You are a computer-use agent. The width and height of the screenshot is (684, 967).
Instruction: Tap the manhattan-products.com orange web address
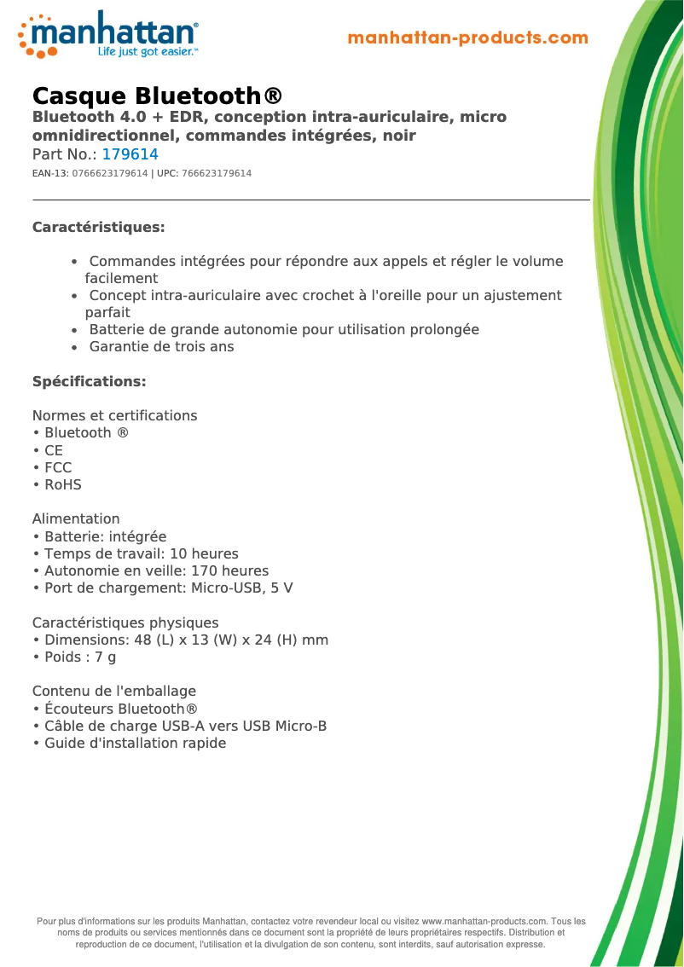coord(467,38)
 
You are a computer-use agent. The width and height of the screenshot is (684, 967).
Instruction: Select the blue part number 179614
coord(130,154)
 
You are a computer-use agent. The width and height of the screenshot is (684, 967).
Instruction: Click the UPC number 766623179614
coord(216,173)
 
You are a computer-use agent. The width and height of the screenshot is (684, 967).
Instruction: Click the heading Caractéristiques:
coord(98,228)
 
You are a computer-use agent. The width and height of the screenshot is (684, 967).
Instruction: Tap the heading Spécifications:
coord(89,381)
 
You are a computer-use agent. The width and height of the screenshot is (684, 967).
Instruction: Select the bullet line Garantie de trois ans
coord(161,346)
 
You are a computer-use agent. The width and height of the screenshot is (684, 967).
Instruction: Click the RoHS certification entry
coord(62,484)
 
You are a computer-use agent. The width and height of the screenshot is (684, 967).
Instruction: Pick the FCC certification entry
coord(58,467)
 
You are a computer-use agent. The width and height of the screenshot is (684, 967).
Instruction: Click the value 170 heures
coord(229,570)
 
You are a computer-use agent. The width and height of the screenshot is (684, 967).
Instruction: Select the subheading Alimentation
coord(76,518)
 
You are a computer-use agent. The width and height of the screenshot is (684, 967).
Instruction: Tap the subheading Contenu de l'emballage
coord(114,691)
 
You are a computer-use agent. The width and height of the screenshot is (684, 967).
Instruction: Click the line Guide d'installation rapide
coord(135,743)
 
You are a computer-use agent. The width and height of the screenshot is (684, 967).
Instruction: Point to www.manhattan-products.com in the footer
coord(484,921)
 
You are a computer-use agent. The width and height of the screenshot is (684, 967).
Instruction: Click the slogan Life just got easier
coord(148,52)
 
